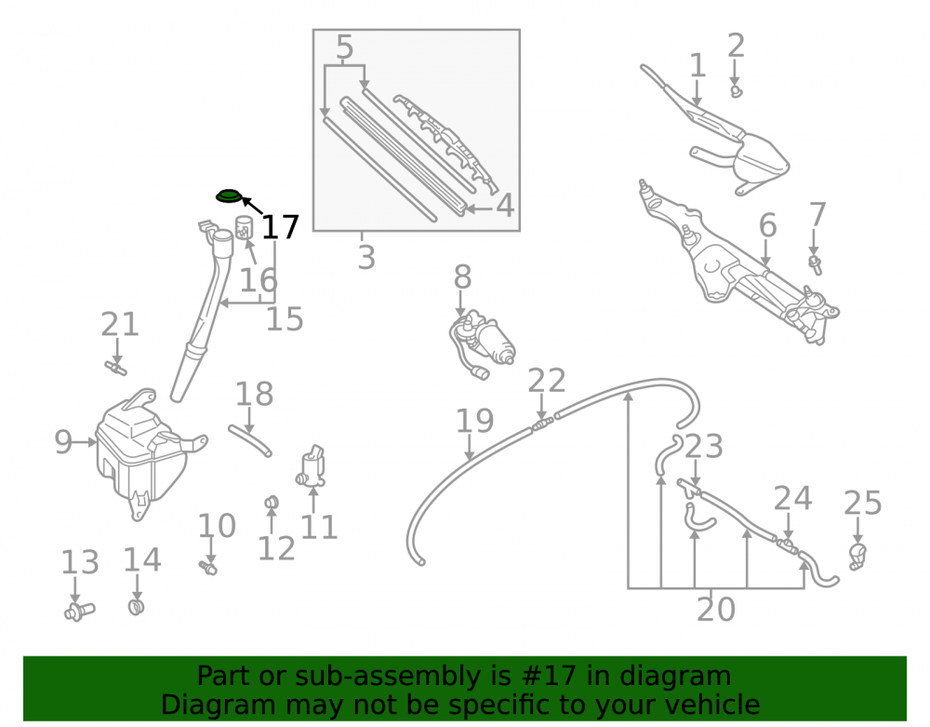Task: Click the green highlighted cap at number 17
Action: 229,195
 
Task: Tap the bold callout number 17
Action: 280,227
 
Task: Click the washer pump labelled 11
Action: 312,466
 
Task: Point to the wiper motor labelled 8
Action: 481,344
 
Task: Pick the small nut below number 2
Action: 736,92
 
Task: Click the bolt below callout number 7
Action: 816,264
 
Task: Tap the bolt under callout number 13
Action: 79,611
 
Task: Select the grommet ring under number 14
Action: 137,607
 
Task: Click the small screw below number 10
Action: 208,568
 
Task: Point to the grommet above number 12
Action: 272,502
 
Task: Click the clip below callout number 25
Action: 857,556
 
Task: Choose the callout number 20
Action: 716,610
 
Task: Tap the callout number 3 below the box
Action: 366,258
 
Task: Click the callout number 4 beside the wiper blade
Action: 505,206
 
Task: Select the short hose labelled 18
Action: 249,439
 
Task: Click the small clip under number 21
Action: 115,368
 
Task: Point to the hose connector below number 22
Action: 543,424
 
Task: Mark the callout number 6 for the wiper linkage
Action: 768,225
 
